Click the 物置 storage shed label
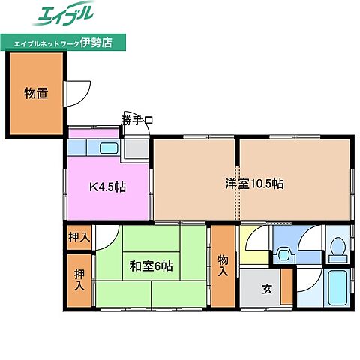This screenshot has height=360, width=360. coord(35,93)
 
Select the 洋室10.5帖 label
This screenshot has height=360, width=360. coord(256,183)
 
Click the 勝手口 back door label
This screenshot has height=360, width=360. coord(138,120)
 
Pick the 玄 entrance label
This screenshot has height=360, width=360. coord(267,288)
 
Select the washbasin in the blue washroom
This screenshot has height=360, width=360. coord(284,254)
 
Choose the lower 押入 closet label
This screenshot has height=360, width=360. coord(78,279)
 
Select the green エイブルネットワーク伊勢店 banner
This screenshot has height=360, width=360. coord(63,43)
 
